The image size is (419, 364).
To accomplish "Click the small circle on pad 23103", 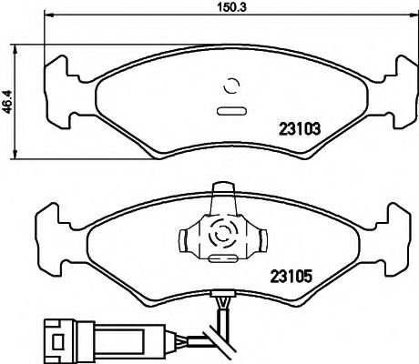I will click(230, 87).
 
